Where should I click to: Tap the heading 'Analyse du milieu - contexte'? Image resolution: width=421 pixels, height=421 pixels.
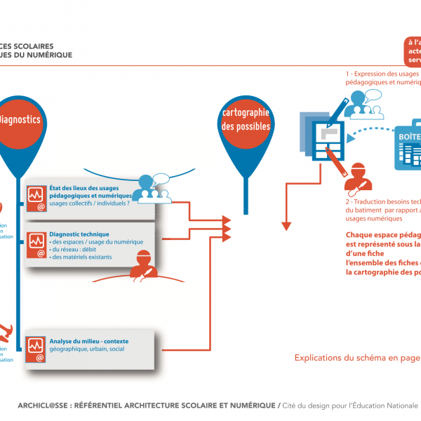pyautogui.click(x=89, y=342)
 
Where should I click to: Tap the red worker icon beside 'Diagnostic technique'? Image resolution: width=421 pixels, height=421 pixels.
pyautogui.click(x=143, y=264)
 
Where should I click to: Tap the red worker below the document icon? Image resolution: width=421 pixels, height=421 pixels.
pyautogui.click(x=358, y=178)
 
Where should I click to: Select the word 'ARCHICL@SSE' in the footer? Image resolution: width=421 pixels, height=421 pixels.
pyautogui.click(x=43, y=406)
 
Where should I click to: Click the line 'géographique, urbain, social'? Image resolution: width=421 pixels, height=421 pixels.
pyautogui.click(x=86, y=349)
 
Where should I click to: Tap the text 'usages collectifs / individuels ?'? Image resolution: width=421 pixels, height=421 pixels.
pyautogui.click(x=89, y=203)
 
